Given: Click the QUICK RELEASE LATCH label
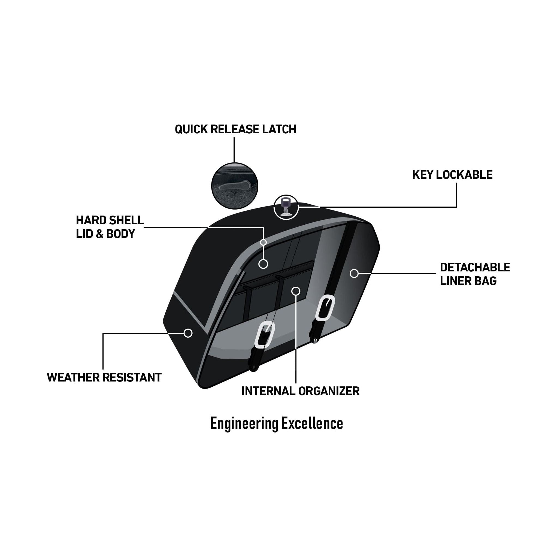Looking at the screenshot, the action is [x=235, y=129].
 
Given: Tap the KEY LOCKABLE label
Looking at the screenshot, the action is [x=452, y=175].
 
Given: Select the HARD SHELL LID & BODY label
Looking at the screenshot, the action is [x=110, y=227].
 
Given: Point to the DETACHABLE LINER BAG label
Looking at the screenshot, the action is [x=475, y=274].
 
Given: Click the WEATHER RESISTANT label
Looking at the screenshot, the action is [x=104, y=377].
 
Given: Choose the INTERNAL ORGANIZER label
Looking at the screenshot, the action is [x=300, y=391].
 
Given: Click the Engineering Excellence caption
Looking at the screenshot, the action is [x=277, y=423].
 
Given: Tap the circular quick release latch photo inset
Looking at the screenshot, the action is [x=235, y=186].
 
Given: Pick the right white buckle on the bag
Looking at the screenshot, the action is [x=325, y=308].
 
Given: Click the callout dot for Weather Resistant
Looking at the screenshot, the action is [x=188, y=333].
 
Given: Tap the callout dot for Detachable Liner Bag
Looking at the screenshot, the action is [x=354, y=273].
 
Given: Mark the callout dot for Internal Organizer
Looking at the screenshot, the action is [x=296, y=291].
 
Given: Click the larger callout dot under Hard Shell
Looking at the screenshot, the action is [x=263, y=264].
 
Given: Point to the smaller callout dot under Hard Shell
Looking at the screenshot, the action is [x=263, y=242].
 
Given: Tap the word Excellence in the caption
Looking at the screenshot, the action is [x=312, y=423].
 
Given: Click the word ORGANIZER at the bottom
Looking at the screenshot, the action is [x=329, y=391].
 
